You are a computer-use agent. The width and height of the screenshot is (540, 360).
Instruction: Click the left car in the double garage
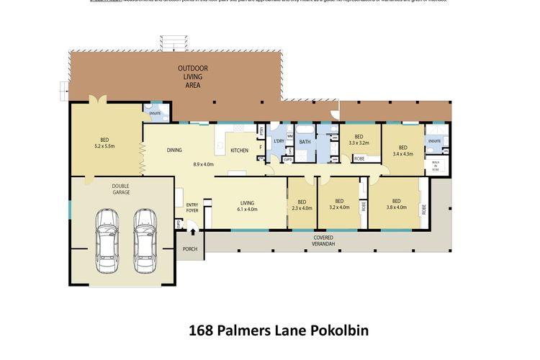pos(107,233)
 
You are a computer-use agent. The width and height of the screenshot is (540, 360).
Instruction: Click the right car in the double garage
pos(145,233)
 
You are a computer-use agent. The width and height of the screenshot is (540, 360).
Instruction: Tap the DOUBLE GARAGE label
pos(121,189)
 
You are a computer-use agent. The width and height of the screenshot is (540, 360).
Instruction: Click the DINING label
pos(174,150)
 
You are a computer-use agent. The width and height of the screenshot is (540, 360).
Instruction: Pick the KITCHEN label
pos(239,150)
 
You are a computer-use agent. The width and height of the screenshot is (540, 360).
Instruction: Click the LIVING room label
pos(247,202)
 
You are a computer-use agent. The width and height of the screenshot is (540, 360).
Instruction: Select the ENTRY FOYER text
pos(192,208)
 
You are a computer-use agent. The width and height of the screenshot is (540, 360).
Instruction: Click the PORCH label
pos(190,249)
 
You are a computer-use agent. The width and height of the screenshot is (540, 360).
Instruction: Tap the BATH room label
pos(305,142)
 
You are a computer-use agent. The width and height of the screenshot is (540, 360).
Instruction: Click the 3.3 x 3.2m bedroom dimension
pos(359,143)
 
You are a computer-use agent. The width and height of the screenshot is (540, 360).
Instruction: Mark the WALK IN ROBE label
pos(435,166)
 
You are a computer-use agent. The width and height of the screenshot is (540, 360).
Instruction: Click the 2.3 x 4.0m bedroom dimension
pos(302,208)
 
